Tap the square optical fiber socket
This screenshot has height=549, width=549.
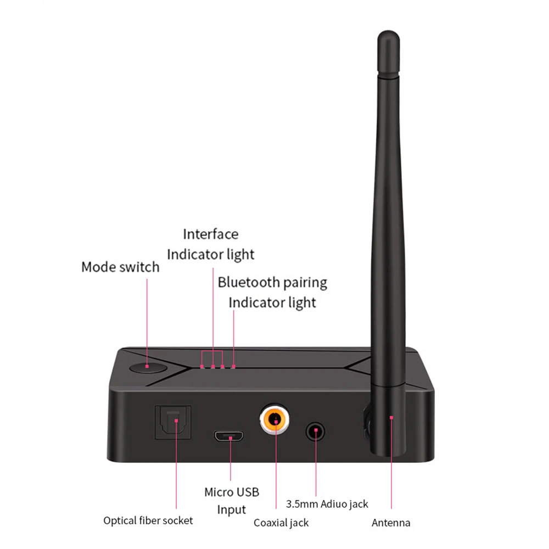click(x=175, y=422)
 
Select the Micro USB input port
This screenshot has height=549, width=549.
click(x=231, y=437)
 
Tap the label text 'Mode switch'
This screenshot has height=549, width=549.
click(x=120, y=267)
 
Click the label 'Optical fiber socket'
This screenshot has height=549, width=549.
click(x=148, y=520)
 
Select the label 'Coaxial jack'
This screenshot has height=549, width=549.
click(x=281, y=523)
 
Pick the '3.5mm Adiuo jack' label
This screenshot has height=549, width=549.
click(x=327, y=503)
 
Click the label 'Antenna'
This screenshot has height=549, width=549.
click(x=391, y=523)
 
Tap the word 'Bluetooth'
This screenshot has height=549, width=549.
click(x=249, y=283)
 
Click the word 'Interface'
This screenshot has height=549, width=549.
click(x=211, y=234)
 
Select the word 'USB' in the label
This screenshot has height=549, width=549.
click(x=247, y=492)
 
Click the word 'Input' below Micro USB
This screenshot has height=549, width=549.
click(x=231, y=509)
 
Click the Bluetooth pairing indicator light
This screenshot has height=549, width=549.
click(x=233, y=366)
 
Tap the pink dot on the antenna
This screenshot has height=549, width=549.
click(x=391, y=417)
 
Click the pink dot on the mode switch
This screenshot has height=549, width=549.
click(x=148, y=366)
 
